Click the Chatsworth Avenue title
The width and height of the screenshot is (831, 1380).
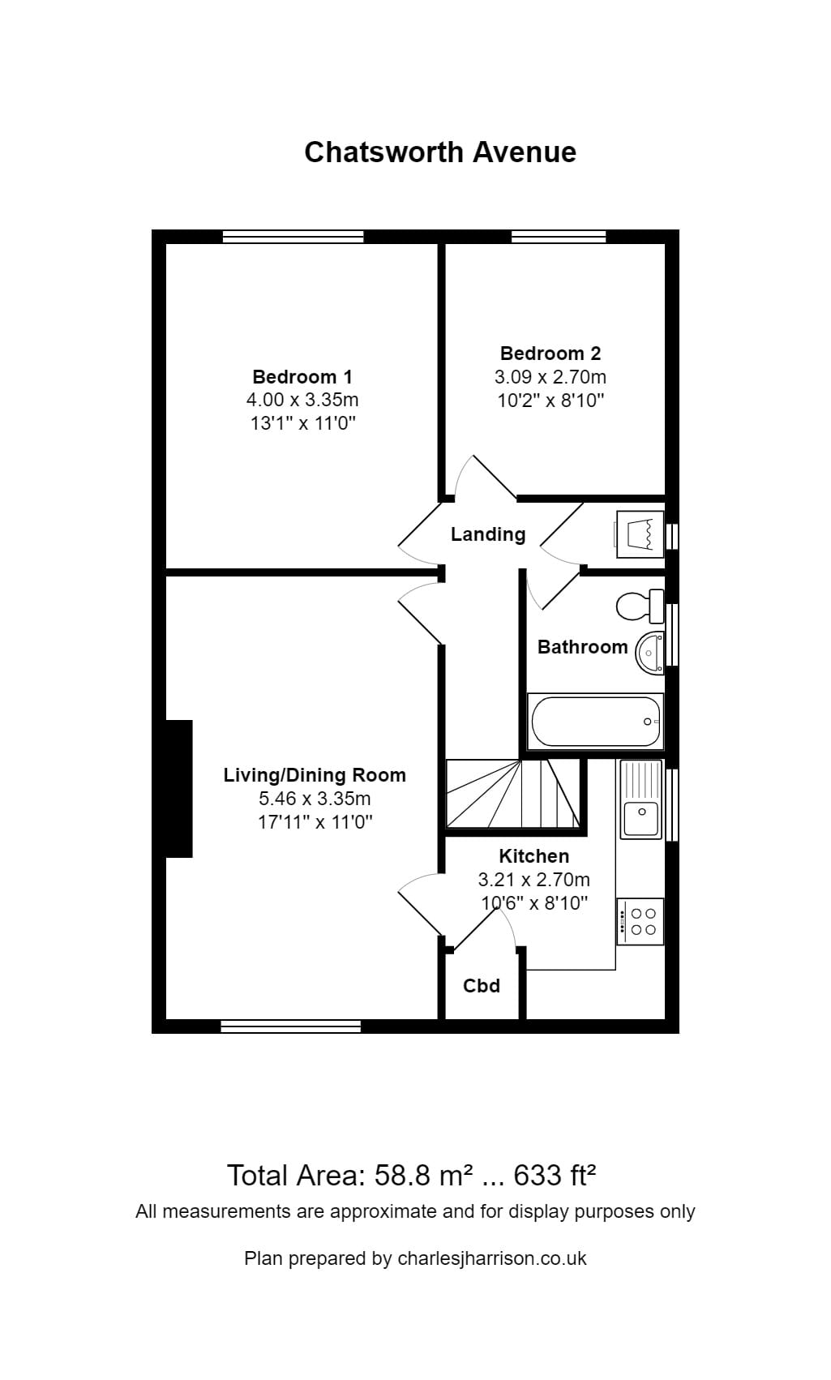pos(439,152)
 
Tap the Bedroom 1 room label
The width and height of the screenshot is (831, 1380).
pos(302,377)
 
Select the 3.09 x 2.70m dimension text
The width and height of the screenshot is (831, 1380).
pos(550,377)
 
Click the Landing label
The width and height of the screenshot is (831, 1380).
pos(488,534)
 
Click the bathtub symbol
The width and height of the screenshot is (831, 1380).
pos(595,721)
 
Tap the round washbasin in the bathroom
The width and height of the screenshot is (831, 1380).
pos(650,652)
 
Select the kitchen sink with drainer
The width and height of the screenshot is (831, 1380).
pos(641,799)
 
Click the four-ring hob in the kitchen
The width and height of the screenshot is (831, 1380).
pos(640,921)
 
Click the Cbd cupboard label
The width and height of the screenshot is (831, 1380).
pos(482,986)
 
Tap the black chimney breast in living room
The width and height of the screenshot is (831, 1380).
pos(178,788)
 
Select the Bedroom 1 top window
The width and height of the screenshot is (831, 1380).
pos(293,237)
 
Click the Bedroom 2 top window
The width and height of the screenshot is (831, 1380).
pos(559,237)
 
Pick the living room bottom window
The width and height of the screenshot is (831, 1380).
pos(290,1026)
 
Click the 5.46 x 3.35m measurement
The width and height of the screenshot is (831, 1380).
pos(315,799)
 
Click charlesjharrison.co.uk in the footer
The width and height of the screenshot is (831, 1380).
pos(491,1258)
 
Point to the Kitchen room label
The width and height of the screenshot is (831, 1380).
pos(533,856)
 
